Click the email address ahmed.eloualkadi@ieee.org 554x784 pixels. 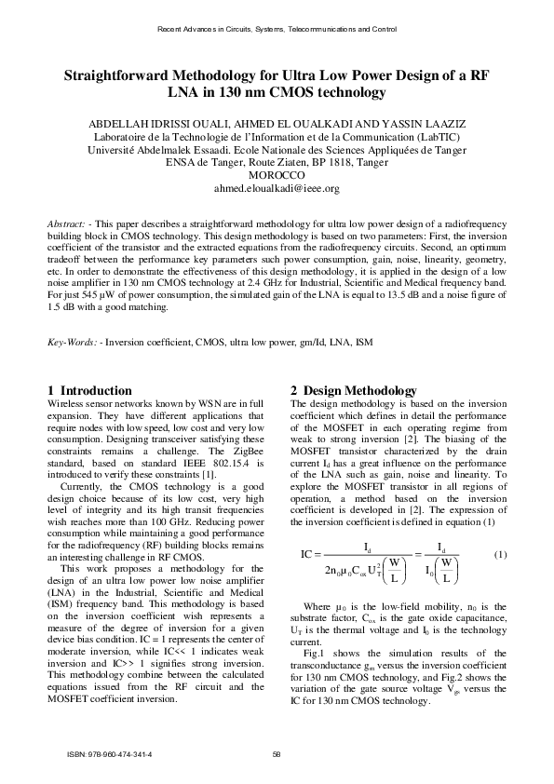(277, 187)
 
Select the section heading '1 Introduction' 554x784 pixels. (89, 389)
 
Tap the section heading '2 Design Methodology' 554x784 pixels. (354, 389)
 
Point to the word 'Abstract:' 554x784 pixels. (68, 226)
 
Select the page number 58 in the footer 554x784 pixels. (277, 753)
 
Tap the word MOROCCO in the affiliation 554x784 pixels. (277, 174)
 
